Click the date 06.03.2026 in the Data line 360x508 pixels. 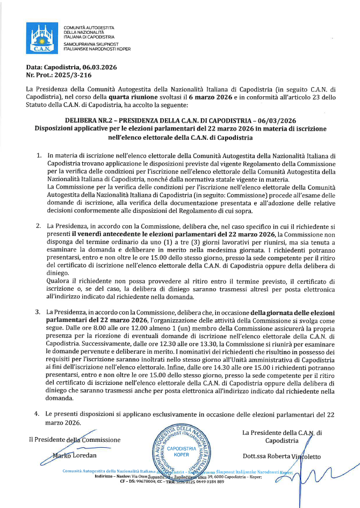pyautogui.click(x=97, y=67)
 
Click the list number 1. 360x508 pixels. pyautogui.click(x=39, y=155)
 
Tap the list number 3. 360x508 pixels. pyautogui.click(x=39, y=312)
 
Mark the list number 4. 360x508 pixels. pyautogui.click(x=39, y=414)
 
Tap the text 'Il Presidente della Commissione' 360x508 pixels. pyautogui.click(x=75, y=440)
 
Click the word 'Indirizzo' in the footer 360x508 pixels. pyautogui.click(x=105, y=476)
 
